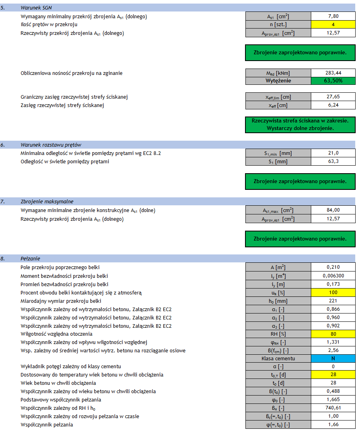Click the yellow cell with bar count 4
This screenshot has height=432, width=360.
pos(333,25)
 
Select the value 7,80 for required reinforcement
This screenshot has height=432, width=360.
pos(333,16)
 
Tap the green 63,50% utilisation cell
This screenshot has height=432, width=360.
pos(333,81)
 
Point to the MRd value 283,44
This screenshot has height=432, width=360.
pos(333,73)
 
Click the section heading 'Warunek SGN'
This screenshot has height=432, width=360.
pos(35,8)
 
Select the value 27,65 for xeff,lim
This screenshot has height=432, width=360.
pos(333,97)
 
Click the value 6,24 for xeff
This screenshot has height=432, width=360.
pos(333,105)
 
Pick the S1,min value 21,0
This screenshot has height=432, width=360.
pos(333,153)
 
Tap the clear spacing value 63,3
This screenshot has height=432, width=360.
pos(333,162)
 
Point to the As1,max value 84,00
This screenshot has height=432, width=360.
pos(333,210)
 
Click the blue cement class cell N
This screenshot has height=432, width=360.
pos(333,359)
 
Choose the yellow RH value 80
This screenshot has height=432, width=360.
pos(333,334)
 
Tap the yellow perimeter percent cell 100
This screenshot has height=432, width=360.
pos(333,293)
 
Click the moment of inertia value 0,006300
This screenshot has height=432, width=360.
pos(333,276)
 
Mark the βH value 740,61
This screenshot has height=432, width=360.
pos(333,408)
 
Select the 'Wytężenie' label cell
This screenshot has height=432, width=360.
pos(278,81)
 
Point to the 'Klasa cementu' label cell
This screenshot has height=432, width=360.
pos(278,359)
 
